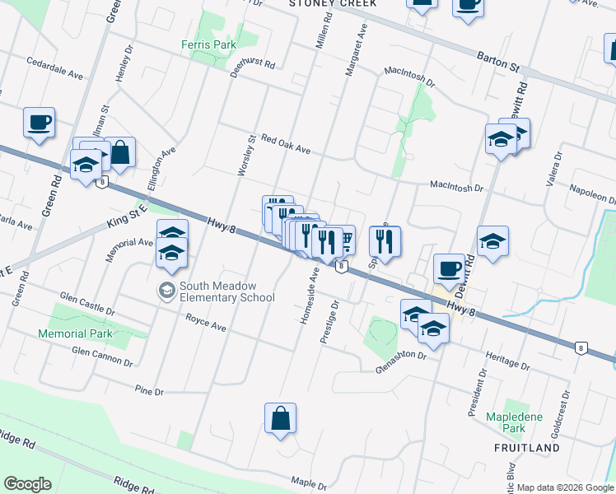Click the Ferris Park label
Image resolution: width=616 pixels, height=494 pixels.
(x=209, y=44)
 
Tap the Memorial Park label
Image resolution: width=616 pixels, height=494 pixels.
(x=74, y=333)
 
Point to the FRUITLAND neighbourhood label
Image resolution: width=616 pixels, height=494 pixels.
(x=528, y=448)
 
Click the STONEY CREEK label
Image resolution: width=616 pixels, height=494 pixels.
(x=333, y=3)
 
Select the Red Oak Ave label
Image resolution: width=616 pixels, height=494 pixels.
(x=285, y=145)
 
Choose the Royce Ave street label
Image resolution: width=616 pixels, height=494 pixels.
(x=205, y=327)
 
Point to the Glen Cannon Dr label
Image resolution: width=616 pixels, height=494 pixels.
(x=102, y=357)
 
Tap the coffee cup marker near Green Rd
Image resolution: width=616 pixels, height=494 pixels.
(x=39, y=123)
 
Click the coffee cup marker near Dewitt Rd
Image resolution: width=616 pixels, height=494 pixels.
(x=450, y=268)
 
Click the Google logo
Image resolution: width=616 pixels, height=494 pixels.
(x=27, y=484)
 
